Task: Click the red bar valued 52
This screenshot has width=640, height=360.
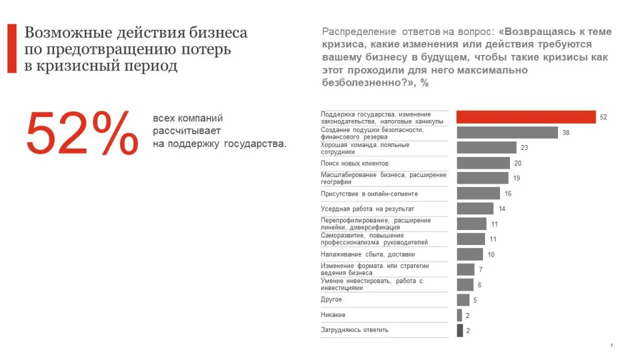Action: tap(526, 117)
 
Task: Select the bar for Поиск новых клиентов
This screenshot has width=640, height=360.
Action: tap(483, 163)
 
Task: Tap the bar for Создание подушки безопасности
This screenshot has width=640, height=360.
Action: tap(507, 132)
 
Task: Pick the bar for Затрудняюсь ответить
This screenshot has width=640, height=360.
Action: tap(460, 331)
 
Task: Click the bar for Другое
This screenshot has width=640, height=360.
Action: tap(463, 300)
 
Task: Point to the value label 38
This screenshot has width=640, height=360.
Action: tap(566, 132)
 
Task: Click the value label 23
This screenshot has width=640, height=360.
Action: tap(524, 148)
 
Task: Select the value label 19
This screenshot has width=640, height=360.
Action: tap(516, 178)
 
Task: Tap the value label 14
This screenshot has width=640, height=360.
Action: tap(501, 209)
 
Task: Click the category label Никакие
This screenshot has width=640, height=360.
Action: tap(333, 315)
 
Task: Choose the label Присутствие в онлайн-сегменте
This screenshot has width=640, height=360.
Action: tap(369, 194)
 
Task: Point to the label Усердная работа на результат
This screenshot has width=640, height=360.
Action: tap(367, 209)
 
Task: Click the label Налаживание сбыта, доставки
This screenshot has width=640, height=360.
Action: tap(367, 254)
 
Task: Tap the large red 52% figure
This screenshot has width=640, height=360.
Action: tap(82, 133)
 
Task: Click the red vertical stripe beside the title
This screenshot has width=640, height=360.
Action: tap(12, 49)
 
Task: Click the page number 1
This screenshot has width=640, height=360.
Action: tap(611, 346)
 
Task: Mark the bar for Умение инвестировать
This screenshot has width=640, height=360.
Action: tap(465, 285)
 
